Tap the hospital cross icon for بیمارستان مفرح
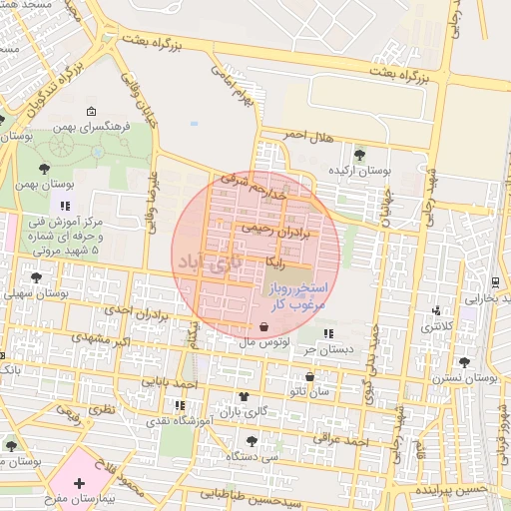tap(79, 483)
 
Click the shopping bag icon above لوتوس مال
tap(262, 326)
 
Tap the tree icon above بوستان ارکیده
tap(359, 154)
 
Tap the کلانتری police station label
tap(435, 325)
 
